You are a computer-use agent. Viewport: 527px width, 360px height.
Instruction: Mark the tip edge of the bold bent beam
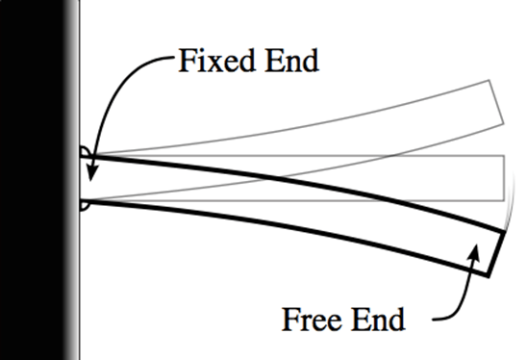[x=497, y=253]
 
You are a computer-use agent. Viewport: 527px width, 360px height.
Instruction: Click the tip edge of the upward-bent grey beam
[x=496, y=101]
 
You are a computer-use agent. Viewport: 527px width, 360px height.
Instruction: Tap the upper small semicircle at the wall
[x=86, y=152]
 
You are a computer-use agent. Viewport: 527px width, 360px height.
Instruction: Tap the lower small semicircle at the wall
[x=86, y=204]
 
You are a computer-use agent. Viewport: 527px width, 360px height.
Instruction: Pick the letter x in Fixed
[x=213, y=64]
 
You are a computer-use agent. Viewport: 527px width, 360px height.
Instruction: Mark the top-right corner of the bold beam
[x=507, y=230]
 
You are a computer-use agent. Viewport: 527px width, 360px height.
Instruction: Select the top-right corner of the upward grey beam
[x=489, y=80]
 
